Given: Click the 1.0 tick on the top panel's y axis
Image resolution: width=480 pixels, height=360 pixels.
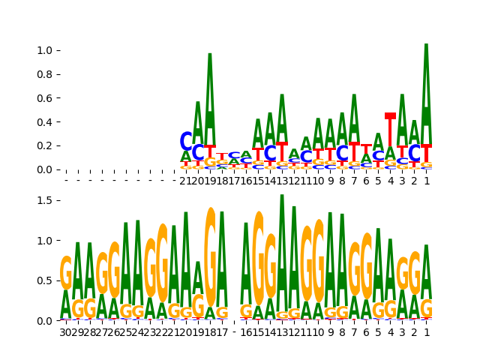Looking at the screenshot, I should (45, 50).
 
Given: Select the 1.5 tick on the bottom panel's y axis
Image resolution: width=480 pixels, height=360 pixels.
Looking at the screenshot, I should (45, 200).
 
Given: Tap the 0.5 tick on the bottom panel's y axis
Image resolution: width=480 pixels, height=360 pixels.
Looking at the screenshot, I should (45, 280).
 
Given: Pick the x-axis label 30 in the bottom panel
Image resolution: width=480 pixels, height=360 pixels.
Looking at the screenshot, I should (66, 331).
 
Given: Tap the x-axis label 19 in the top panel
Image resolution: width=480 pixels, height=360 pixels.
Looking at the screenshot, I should (210, 181).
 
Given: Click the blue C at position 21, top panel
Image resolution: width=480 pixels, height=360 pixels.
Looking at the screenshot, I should (186, 141).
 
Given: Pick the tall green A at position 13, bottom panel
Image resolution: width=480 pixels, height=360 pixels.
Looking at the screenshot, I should (282, 251).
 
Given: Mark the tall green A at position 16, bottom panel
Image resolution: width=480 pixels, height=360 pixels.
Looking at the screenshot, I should (246, 262).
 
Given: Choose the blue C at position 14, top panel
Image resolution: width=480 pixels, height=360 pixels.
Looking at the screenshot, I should (270, 154).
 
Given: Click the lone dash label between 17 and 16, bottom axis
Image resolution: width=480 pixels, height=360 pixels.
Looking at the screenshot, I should (234, 331).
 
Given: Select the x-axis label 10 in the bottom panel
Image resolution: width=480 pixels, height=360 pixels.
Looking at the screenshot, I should (318, 331).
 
